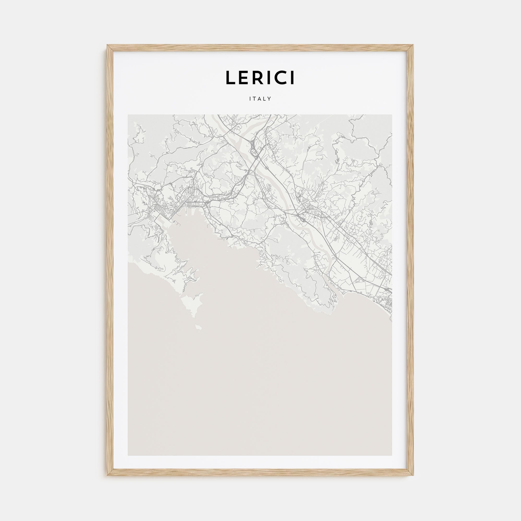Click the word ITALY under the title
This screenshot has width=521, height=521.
[x=260, y=99]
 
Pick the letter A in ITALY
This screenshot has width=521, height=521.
[x=260, y=99]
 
